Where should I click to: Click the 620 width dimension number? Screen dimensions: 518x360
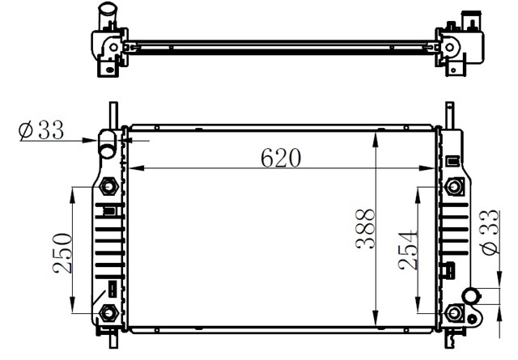point(281,158)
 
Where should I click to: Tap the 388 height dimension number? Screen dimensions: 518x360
point(365,229)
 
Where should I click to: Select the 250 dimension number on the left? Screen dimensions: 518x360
point(62,253)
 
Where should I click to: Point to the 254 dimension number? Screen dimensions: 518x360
point(408,250)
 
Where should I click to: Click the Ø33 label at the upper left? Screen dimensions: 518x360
point(41,129)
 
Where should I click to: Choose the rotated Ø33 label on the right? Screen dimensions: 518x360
point(490,232)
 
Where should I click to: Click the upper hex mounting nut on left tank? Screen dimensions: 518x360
point(108,187)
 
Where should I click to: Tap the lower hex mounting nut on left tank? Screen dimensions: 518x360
point(108,312)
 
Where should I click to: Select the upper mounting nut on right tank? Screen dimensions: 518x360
point(454,187)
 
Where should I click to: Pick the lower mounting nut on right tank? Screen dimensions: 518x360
point(454,313)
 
